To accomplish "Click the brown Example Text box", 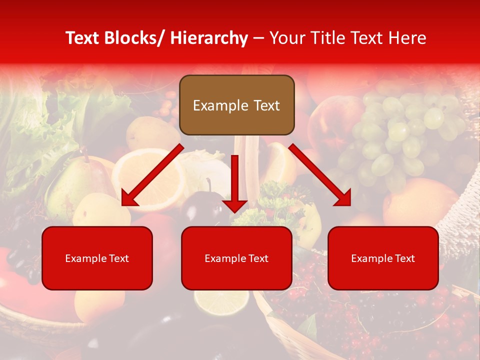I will (x=236, y=105).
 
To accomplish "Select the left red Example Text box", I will (x=97, y=258).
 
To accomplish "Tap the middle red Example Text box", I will (x=236, y=258).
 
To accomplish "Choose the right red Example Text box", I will (x=383, y=258).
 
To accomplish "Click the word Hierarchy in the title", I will (x=209, y=38).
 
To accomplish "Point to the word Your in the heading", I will (x=287, y=38).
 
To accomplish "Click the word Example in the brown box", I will (x=213, y=105).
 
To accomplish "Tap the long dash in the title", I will (x=258, y=38).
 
